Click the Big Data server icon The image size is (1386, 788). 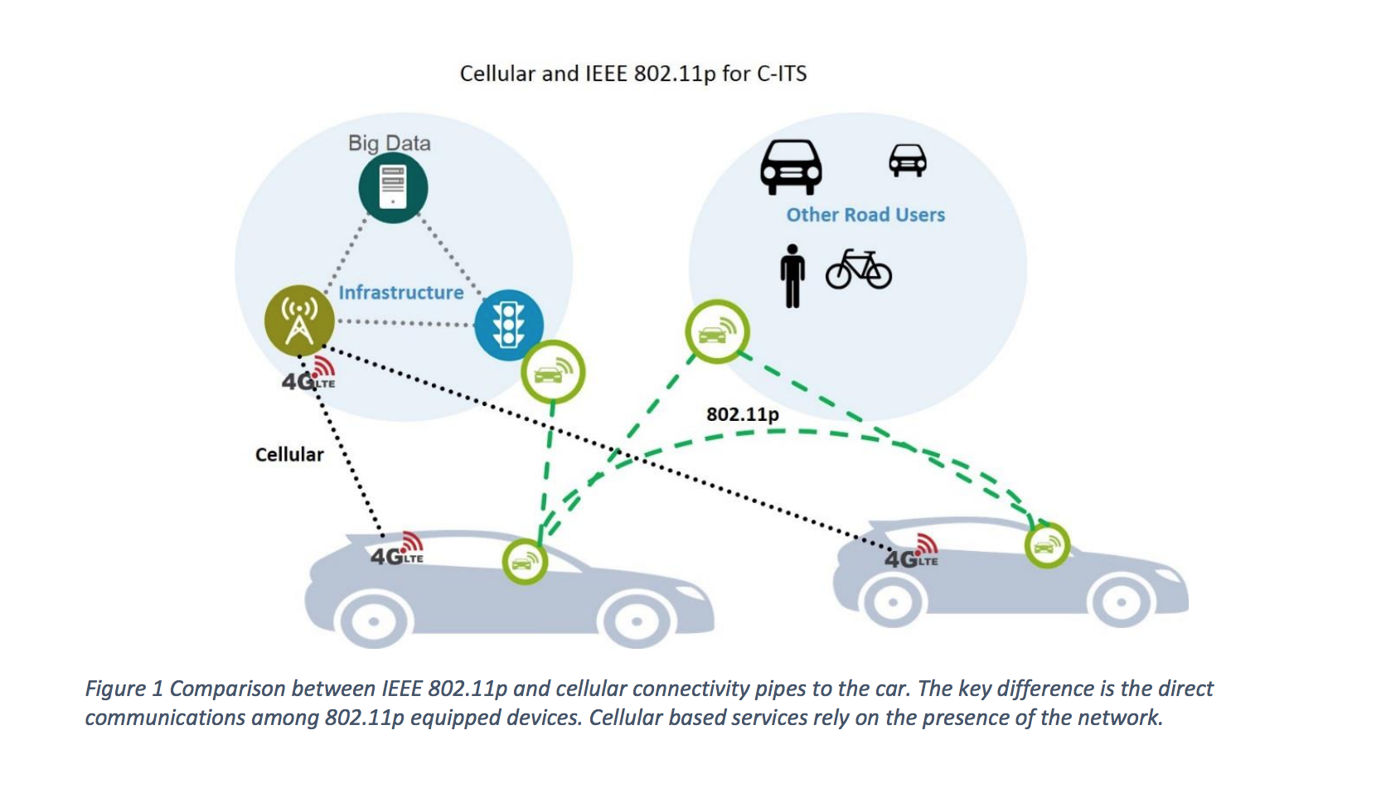[x=393, y=187]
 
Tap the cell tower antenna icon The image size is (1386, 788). [x=299, y=321]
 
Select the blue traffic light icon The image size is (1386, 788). [x=508, y=324]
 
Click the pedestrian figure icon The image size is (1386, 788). [x=792, y=276]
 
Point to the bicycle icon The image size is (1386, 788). [x=859, y=269]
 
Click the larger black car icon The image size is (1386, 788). [x=792, y=167]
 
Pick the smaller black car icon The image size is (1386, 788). [x=908, y=160]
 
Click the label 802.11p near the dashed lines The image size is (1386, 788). [x=742, y=414]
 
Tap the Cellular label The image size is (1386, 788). [x=289, y=455]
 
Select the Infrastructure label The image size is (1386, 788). [x=401, y=292]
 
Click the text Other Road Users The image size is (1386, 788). [x=865, y=215]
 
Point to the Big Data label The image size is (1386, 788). [x=390, y=143]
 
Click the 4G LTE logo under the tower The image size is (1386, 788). [x=308, y=376]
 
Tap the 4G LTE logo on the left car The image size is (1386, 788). [x=397, y=551]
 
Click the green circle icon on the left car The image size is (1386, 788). [x=525, y=562]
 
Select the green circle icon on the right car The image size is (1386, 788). [x=1047, y=544]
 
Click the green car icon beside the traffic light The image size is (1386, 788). [x=553, y=372]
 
